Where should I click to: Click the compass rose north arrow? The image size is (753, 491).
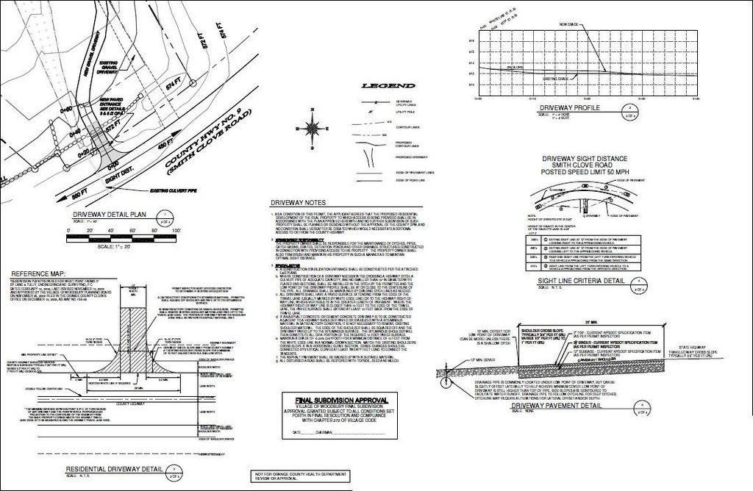click(315, 125)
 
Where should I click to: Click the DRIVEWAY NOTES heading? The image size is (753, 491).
click(297, 201)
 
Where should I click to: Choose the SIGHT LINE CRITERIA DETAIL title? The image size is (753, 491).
click(581, 281)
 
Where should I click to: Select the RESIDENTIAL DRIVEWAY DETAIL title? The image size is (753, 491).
click(114, 469)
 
